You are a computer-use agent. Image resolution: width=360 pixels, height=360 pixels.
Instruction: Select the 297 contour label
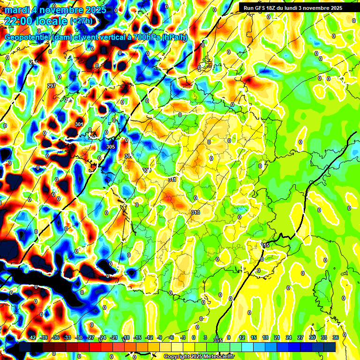pyautogui.click(x=52, y=86)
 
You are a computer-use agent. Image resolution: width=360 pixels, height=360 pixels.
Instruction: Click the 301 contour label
pyautogui.click(x=79, y=124)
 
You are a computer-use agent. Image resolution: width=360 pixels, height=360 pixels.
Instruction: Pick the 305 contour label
pyautogui.click(x=111, y=147)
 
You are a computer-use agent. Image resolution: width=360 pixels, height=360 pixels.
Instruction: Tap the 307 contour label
pyautogui.click(x=128, y=156)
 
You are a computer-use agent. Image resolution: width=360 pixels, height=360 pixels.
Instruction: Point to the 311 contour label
pyautogui.click(x=172, y=180)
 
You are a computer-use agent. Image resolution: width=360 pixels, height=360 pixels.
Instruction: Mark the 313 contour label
pyautogui.click(x=195, y=212)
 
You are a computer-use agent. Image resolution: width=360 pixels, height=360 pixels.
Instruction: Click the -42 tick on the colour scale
pyautogui.click(x=32, y=337)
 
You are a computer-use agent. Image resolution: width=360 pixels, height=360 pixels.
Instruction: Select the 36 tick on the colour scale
pyautogui.click(x=336, y=337)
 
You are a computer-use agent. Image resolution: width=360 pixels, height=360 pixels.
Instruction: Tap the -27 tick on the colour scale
pyautogui.click(x=91, y=337)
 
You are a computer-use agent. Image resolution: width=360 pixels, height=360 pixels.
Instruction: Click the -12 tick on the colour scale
pyautogui.click(x=150, y=337)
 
